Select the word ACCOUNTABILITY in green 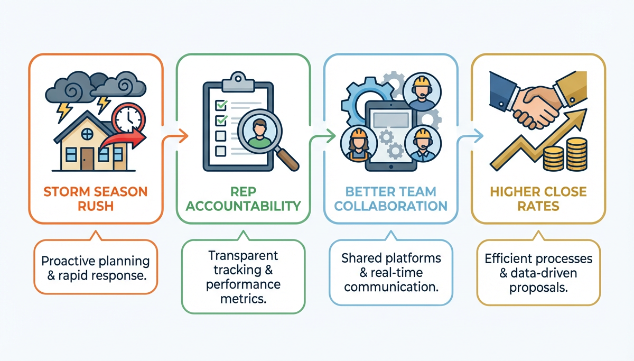(x=243, y=206)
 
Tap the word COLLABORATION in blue (x=391, y=205)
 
